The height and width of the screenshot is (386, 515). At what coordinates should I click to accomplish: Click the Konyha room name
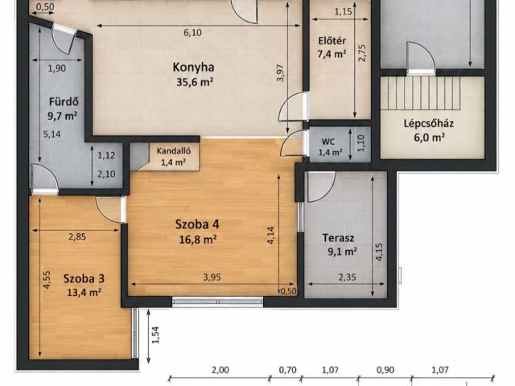tap(193, 67)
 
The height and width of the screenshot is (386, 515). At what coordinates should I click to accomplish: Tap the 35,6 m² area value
tap(195, 82)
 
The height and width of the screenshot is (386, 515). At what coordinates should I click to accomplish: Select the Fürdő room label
tap(64, 102)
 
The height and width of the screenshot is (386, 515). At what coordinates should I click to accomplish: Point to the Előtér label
tap(332, 41)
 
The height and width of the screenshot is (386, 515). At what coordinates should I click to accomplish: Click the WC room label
tap(328, 142)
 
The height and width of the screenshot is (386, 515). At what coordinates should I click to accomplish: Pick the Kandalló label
tap(174, 151)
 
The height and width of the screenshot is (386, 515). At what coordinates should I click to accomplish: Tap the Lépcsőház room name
tap(429, 124)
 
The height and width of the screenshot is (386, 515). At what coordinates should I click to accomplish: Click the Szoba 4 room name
tap(197, 224)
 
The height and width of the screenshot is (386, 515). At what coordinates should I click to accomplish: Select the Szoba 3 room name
tap(84, 279)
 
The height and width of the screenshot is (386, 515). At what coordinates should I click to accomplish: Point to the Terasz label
tap(338, 238)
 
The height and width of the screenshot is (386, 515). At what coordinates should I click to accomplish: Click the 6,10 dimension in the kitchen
tap(192, 32)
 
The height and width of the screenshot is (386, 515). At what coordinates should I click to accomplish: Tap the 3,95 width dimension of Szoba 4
tap(212, 277)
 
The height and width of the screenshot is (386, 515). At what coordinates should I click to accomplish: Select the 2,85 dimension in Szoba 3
tap(77, 236)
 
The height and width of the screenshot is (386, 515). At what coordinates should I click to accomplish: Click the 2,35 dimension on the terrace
tap(347, 277)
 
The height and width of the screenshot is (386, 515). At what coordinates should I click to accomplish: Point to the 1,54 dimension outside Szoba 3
tap(155, 335)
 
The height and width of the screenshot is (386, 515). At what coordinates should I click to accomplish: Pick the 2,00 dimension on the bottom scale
tap(220, 370)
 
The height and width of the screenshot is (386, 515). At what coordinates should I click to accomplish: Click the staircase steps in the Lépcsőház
tap(420, 93)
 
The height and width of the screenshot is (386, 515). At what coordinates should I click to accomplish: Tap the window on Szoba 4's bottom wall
tap(217, 302)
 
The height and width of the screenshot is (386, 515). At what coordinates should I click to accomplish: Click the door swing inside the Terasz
tap(321, 187)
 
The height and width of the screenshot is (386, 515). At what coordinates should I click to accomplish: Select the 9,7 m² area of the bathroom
tap(63, 116)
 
